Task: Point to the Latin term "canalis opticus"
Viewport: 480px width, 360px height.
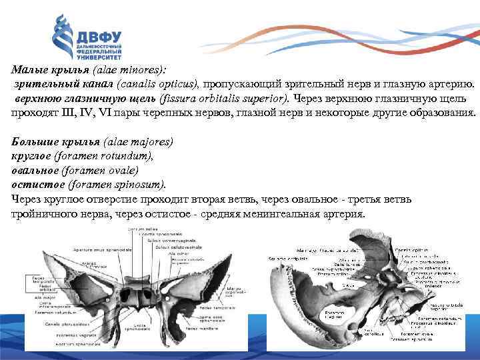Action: [x=157, y=85]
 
